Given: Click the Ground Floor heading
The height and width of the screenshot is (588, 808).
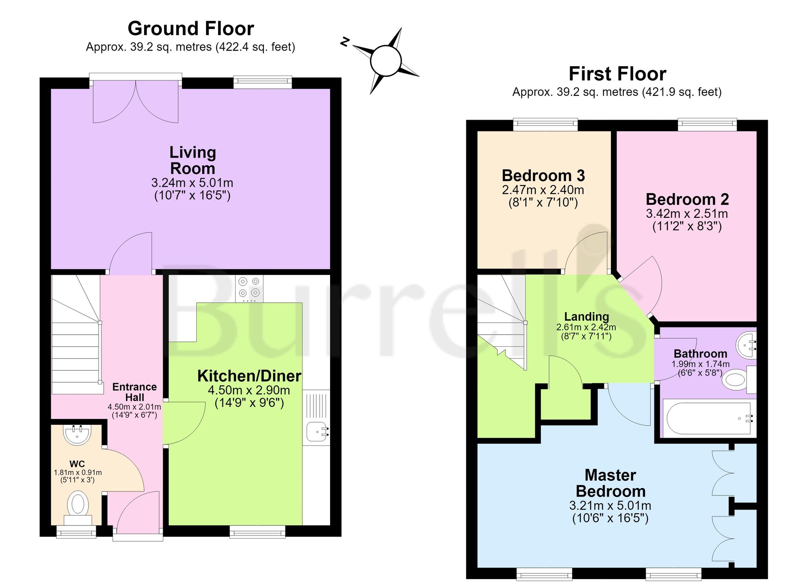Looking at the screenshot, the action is pyautogui.click(x=191, y=29).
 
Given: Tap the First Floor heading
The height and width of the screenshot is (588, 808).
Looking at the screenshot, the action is pyautogui.click(x=617, y=74).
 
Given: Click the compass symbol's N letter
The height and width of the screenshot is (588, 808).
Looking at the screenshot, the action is pyautogui.click(x=345, y=42).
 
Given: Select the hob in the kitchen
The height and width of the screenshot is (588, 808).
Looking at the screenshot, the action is pyautogui.click(x=249, y=289).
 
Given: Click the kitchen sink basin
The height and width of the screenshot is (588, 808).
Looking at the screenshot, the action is pyautogui.click(x=316, y=432).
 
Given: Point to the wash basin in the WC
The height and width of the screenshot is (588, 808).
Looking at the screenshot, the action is pyautogui.click(x=77, y=434).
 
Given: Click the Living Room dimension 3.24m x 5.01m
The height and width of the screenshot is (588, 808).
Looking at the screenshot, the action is pyautogui.click(x=192, y=183).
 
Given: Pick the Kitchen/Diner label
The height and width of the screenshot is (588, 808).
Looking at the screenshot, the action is pyautogui.click(x=249, y=376).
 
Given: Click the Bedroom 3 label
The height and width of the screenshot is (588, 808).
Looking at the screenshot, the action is pyautogui.click(x=543, y=176).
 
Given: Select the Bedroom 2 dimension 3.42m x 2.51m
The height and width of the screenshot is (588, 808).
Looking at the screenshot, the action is pyautogui.click(x=687, y=213).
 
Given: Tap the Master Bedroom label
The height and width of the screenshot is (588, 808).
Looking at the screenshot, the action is pyautogui.click(x=610, y=483).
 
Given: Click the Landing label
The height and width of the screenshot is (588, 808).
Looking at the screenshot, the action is pyautogui.click(x=587, y=316).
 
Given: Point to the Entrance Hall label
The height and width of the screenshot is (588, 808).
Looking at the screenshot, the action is pyautogui.click(x=135, y=392).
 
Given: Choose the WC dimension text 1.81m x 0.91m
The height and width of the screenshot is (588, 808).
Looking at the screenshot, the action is pyautogui.click(x=78, y=472).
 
